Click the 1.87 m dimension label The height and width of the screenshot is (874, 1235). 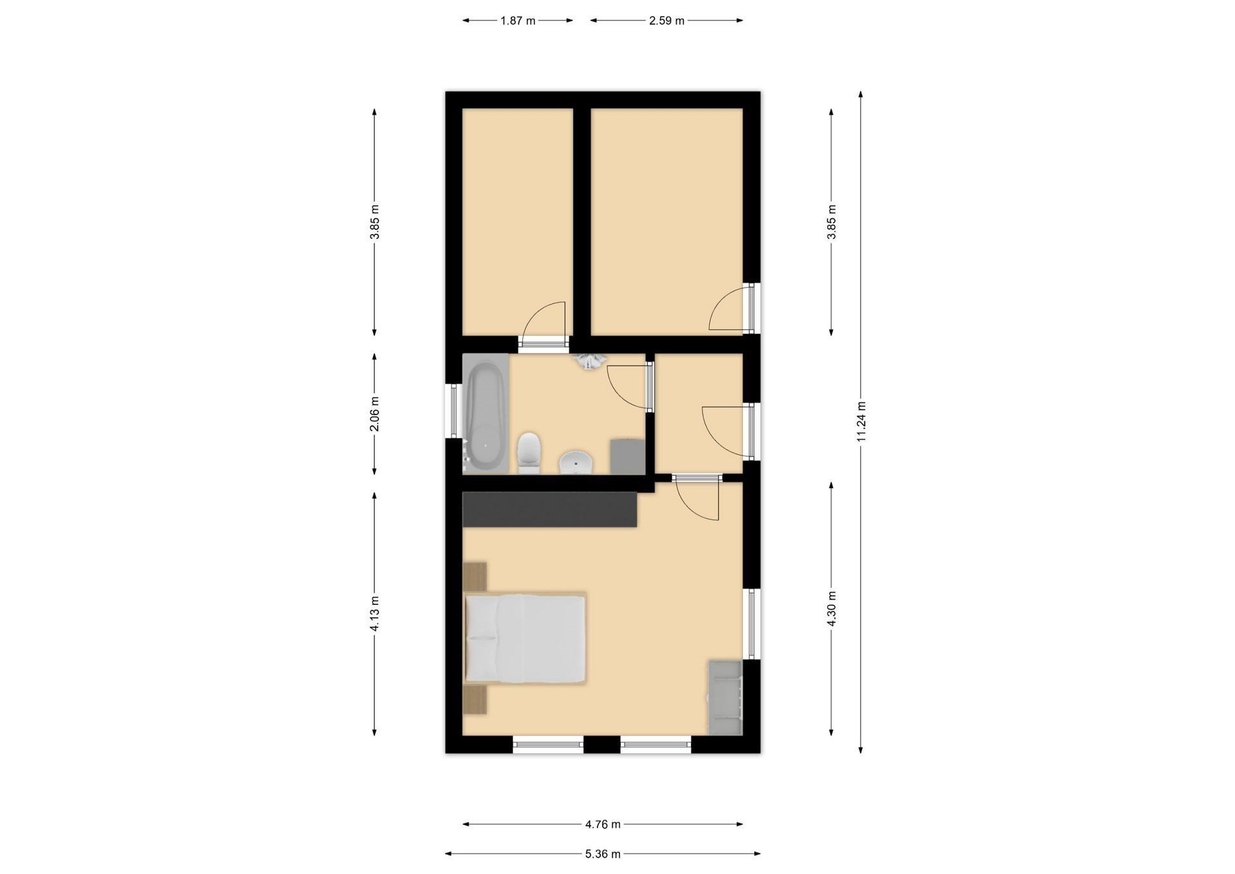click(518, 21)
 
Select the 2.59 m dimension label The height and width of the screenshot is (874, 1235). click(666, 21)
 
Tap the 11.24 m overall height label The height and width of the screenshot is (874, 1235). click(861, 422)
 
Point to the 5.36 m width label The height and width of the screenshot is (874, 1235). click(603, 854)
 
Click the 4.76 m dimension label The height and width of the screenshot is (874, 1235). click(603, 824)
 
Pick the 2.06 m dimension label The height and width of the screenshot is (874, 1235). click(375, 414)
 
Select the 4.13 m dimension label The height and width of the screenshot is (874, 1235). click(375, 614)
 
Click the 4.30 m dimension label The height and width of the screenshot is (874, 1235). click(832, 609)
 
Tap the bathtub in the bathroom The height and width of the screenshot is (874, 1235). click(485, 414)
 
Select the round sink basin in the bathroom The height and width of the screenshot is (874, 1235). click(576, 462)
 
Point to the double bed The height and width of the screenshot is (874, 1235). click(525, 638)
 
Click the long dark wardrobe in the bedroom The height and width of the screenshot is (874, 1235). click(550, 509)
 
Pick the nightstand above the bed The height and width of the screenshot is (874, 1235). click(475, 577)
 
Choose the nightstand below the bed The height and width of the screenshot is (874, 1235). click(475, 700)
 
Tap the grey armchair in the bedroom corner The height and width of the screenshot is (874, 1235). click(726, 697)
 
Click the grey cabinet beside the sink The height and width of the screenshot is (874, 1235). click(627, 457)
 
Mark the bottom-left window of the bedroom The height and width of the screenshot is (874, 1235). click(548, 745)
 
